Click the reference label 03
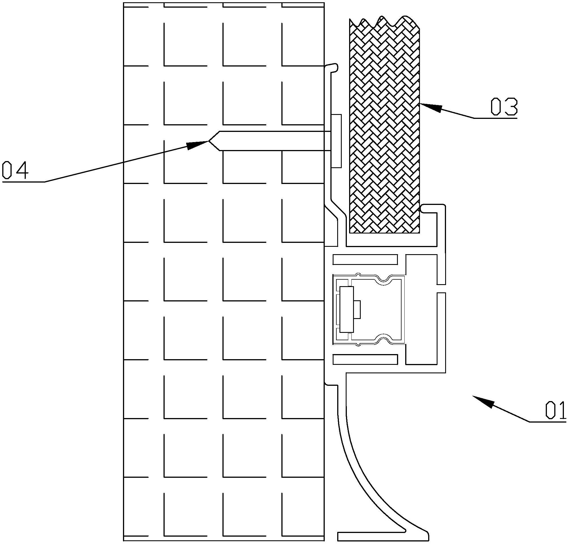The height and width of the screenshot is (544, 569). pyautogui.click(x=504, y=107)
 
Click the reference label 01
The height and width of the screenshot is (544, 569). pyautogui.click(x=555, y=410)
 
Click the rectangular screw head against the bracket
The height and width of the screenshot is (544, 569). pyautogui.click(x=336, y=141)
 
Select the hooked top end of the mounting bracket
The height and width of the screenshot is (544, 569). pyautogui.click(x=334, y=67)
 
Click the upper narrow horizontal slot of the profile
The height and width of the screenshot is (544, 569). pyautogui.click(x=365, y=260)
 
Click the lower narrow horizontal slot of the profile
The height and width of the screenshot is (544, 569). pyautogui.click(x=365, y=359)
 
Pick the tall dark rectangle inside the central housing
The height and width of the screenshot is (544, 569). pyautogui.click(x=347, y=309)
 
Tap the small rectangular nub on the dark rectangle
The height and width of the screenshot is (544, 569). pyautogui.click(x=357, y=309)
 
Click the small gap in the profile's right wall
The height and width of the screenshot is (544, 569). pyautogui.click(x=441, y=288)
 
